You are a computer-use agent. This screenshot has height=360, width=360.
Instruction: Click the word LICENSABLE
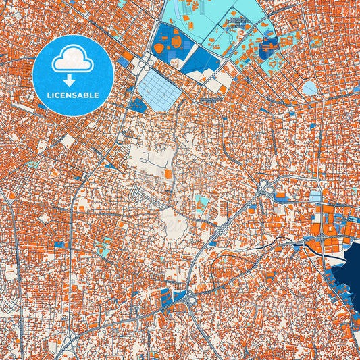[x=72, y=95]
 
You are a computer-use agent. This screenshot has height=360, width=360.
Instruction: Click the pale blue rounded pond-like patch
[x=309, y=88]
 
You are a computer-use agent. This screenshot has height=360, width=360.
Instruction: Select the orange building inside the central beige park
[x=168, y=174]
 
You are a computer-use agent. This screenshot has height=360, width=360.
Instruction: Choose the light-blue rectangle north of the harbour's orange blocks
[x=315, y=197]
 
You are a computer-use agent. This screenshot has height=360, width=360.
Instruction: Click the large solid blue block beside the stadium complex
[x=201, y=62]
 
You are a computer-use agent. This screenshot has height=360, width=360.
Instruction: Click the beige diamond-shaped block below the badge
[x=68, y=141]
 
